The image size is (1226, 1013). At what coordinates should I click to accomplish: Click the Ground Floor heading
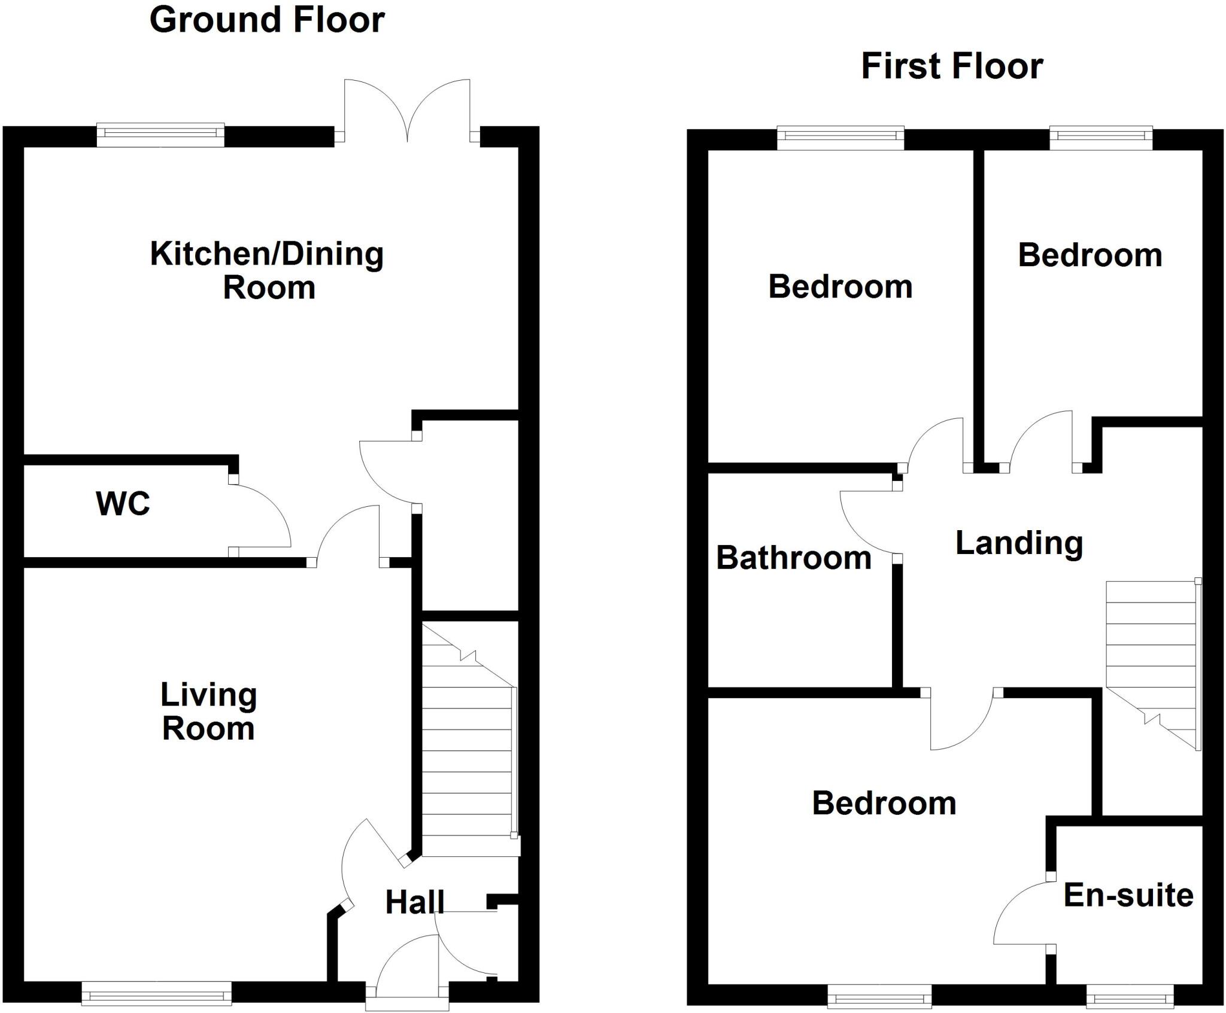(266, 20)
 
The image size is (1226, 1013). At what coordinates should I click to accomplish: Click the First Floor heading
(952, 66)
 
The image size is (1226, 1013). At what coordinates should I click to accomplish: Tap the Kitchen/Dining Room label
(267, 270)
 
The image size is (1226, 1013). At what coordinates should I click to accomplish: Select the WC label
(123, 503)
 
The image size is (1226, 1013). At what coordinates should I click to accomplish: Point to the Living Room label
(208, 711)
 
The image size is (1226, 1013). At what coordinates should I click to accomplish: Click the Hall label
(414, 902)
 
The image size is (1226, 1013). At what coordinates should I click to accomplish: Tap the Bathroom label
(793, 558)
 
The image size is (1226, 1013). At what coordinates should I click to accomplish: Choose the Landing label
(1019, 543)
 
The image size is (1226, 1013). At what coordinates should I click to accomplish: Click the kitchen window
(160, 135)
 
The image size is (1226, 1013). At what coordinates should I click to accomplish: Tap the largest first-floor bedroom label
(884, 803)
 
